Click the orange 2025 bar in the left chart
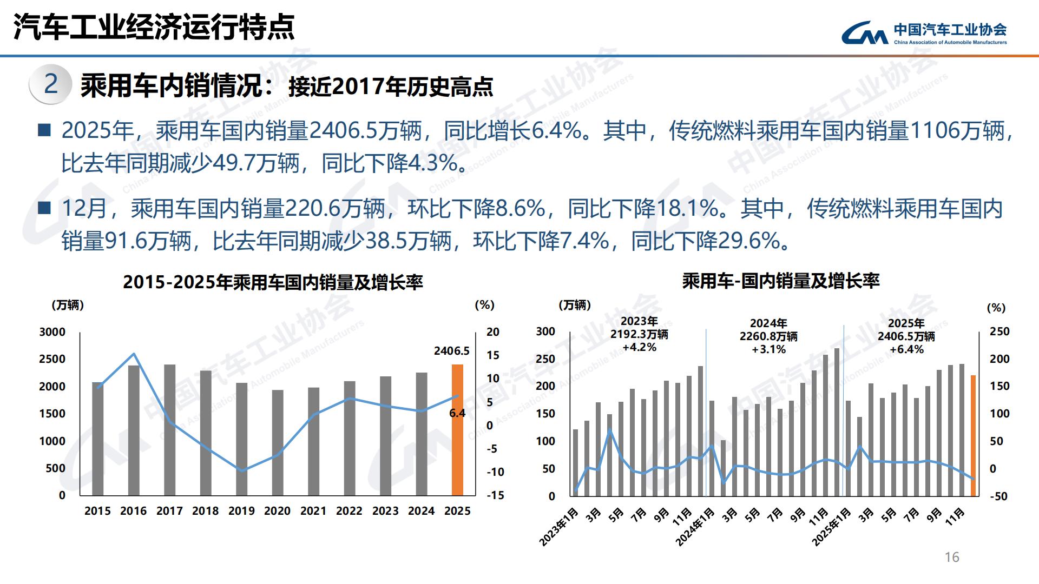tap(457, 430)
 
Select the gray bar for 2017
tap(169, 430)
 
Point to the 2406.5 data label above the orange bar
tap(451, 351)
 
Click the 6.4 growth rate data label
tap(457, 413)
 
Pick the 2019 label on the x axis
tap(241, 511)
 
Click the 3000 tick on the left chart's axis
tap(52, 332)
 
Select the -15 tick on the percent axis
tap(495, 495)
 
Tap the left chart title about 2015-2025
tap(273, 282)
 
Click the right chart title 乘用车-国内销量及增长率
tap(781, 281)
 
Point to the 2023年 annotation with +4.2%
tap(639, 335)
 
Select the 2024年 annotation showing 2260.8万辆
tap(768, 336)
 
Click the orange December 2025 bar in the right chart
tap(973, 435)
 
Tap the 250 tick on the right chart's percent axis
tap(999, 331)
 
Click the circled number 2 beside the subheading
tap(50, 84)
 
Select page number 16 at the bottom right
tap(951, 558)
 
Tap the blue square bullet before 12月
tap(44, 208)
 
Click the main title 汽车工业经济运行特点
tap(154, 26)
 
